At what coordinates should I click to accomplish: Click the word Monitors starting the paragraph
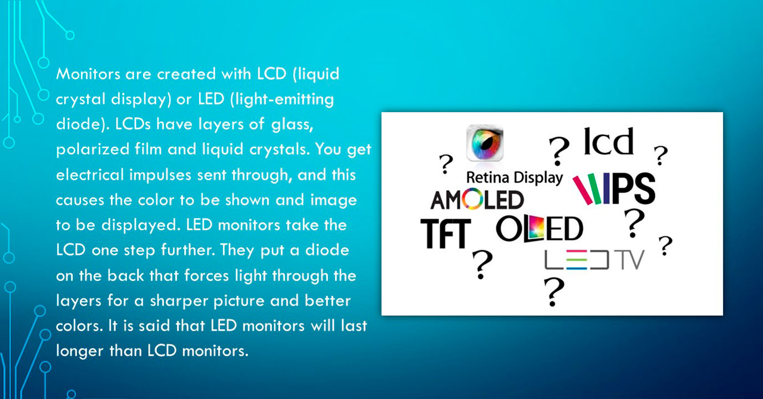[88, 74]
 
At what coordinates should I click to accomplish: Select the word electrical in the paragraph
[90, 175]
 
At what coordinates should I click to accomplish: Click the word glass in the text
[292, 125]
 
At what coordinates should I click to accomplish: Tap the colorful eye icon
[485, 143]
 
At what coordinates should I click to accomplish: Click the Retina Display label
[515, 178]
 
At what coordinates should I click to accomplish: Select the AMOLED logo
[477, 199]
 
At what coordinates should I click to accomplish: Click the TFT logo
[446, 234]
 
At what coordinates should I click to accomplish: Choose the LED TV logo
[594, 260]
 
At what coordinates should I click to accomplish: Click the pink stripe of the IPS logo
[582, 190]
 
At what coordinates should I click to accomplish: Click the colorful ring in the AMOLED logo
[472, 199]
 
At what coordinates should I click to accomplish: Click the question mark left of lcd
[559, 151]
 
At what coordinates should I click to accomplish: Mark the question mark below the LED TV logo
[554, 292]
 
